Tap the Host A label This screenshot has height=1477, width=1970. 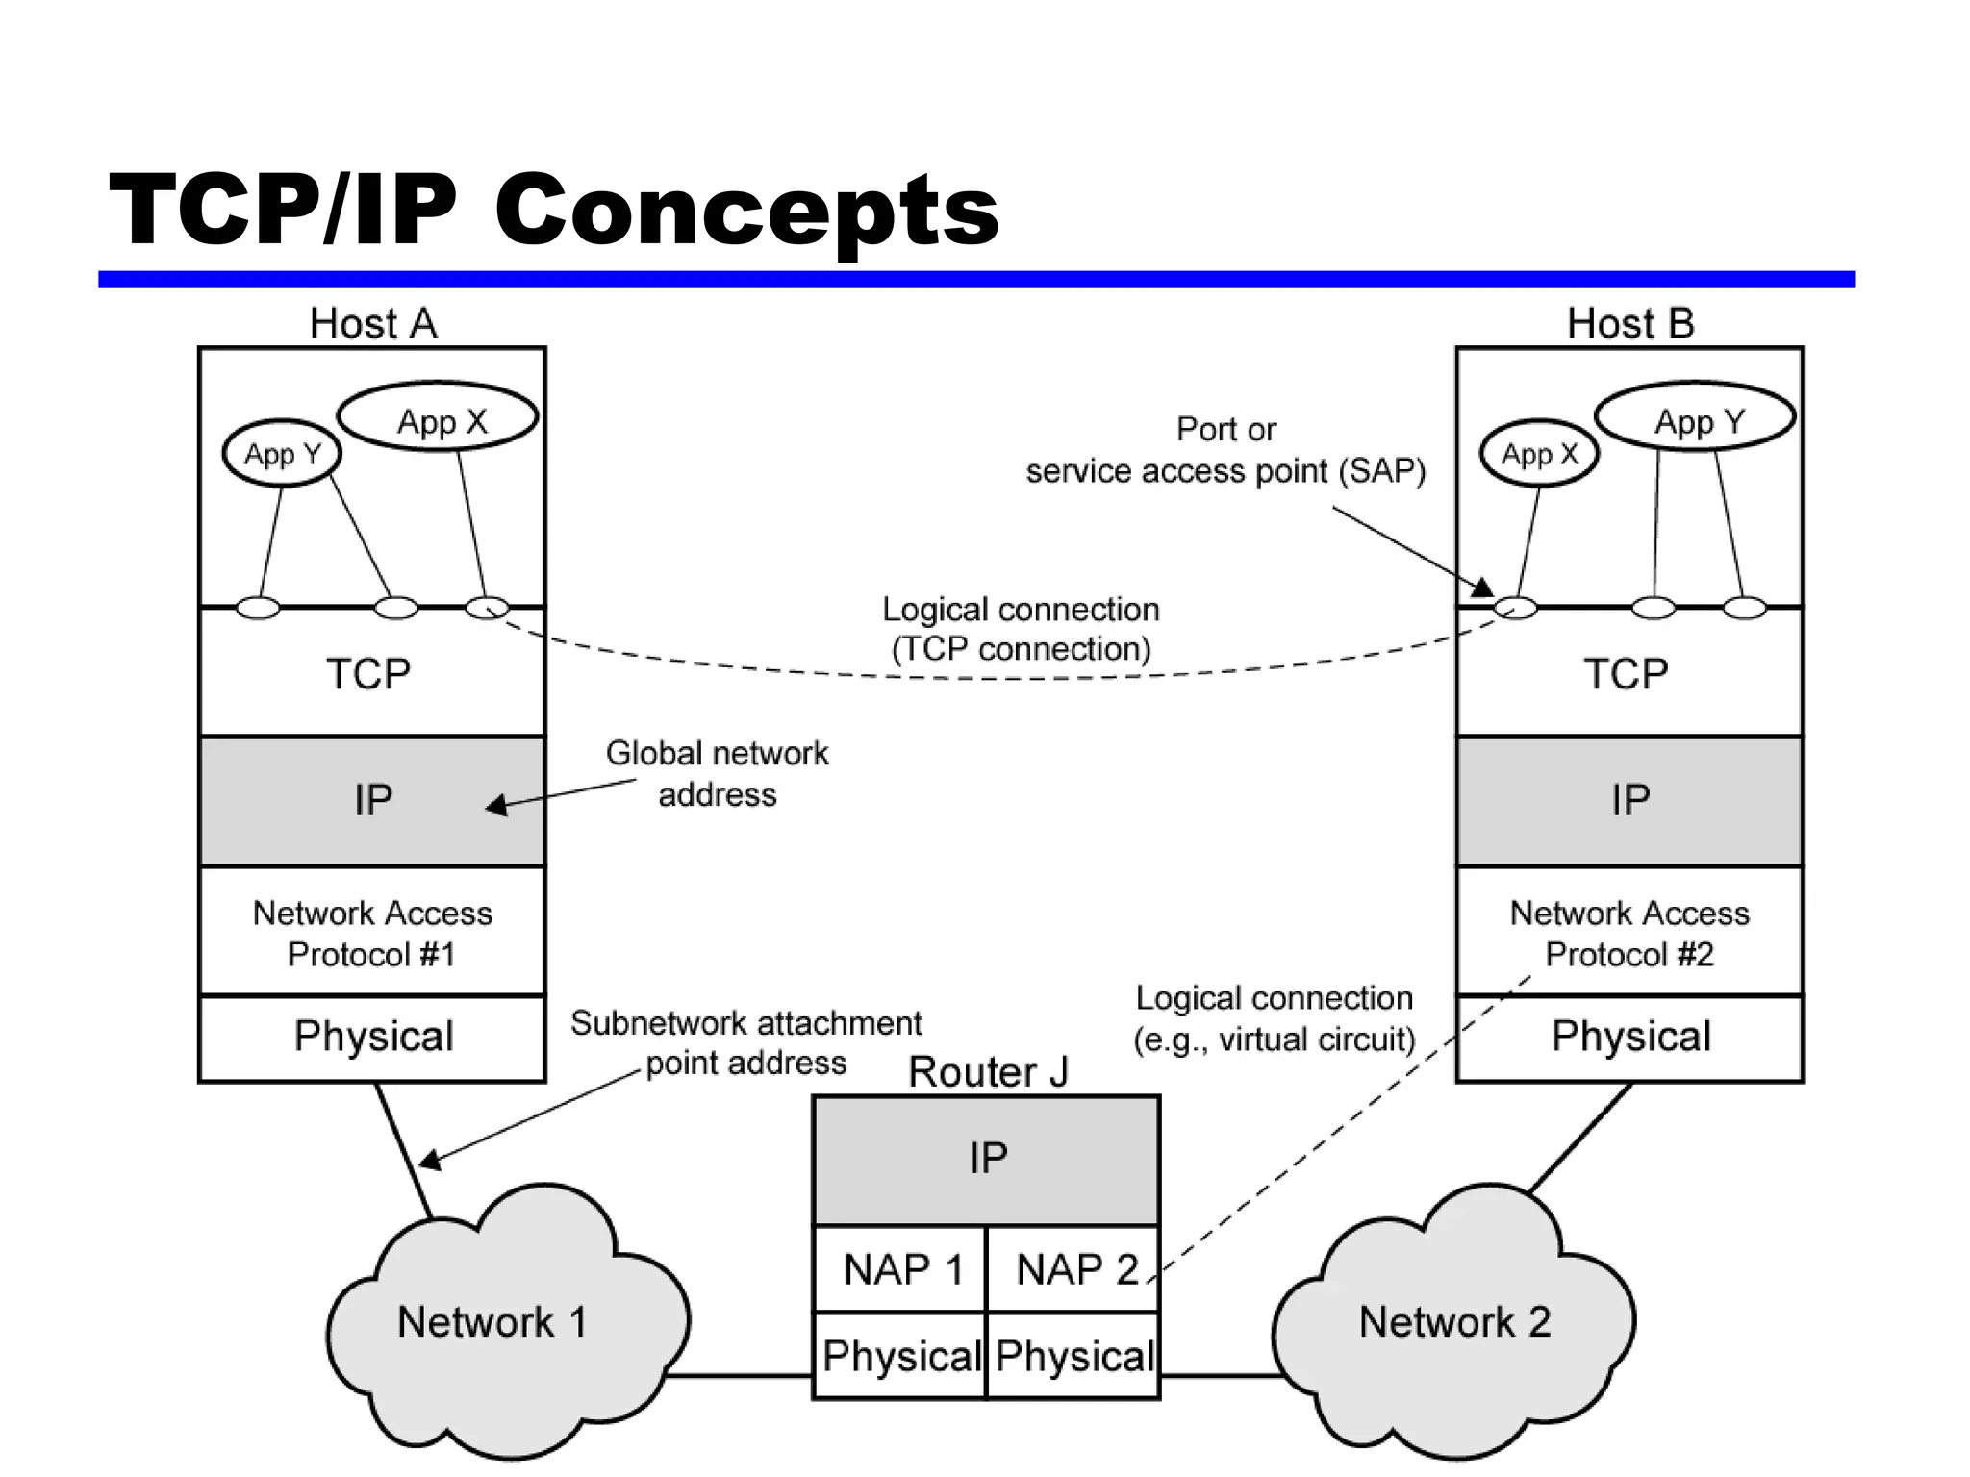pyautogui.click(x=373, y=324)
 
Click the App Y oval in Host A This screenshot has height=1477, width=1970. pyautogui.click(x=282, y=453)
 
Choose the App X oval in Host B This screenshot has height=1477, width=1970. pyautogui.click(x=1539, y=453)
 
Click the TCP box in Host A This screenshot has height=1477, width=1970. pyautogui.click(x=369, y=673)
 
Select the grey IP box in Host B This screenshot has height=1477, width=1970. pyautogui.click(x=1629, y=800)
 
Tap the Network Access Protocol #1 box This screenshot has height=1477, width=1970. pyautogui.click(x=371, y=932)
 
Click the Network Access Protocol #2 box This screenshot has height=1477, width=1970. pyautogui.click(x=1629, y=932)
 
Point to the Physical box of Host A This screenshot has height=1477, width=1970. pyautogui.click(x=373, y=1038)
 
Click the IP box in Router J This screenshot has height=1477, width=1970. pyautogui.click(x=987, y=1159)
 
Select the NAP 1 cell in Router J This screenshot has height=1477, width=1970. pyautogui.click(x=900, y=1269)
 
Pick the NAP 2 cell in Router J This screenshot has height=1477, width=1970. pyautogui.click(x=1073, y=1269)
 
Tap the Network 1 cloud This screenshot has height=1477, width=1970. pyautogui.click(x=492, y=1322)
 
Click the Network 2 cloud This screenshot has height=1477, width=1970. pyautogui.click(x=1454, y=1322)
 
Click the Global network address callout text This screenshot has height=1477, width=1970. pyautogui.click(x=717, y=774)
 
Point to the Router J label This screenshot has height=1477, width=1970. pyautogui.click(x=988, y=1072)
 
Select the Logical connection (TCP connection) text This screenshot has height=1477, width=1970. pyautogui.click(x=1021, y=629)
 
